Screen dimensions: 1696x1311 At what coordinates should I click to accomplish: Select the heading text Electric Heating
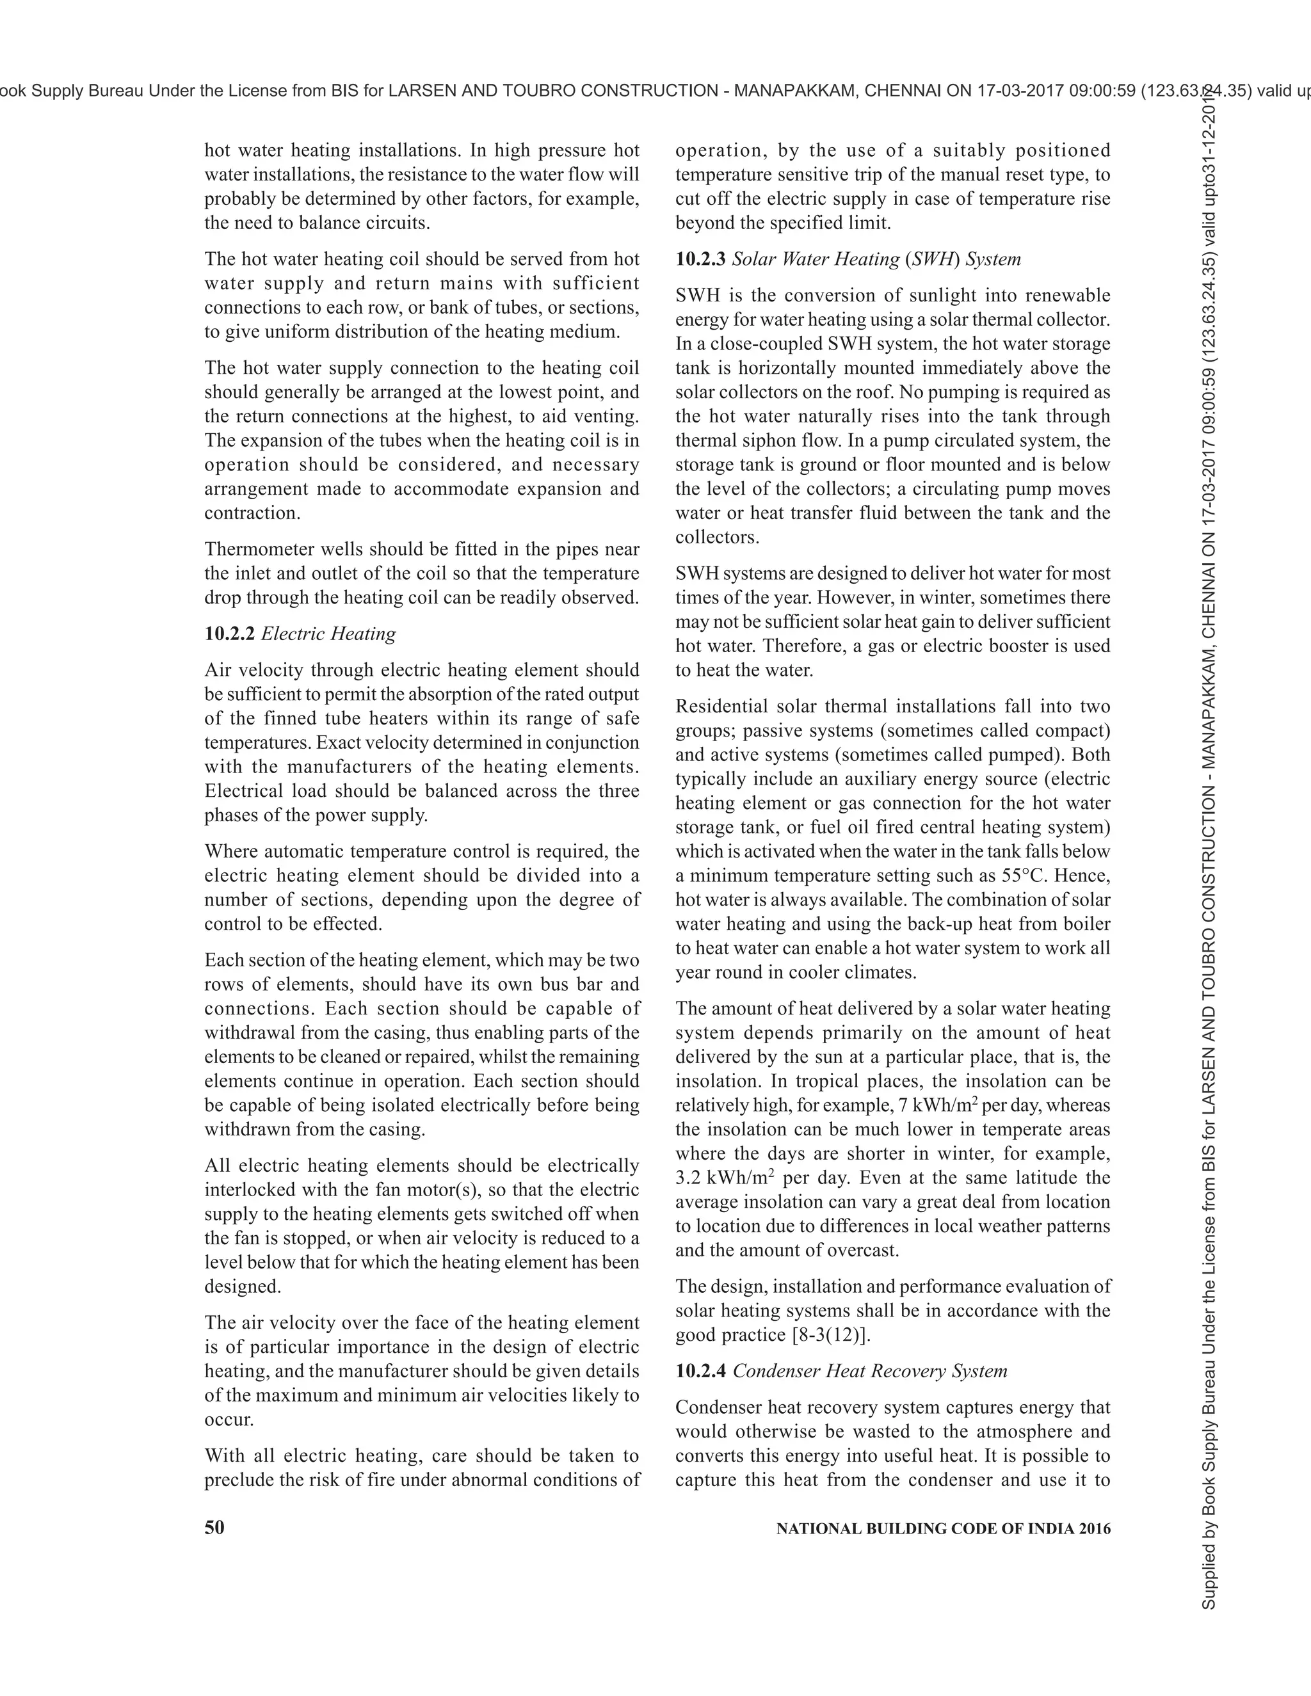(x=328, y=634)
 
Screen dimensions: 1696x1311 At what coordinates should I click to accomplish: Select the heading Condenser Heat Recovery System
(x=870, y=1371)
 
